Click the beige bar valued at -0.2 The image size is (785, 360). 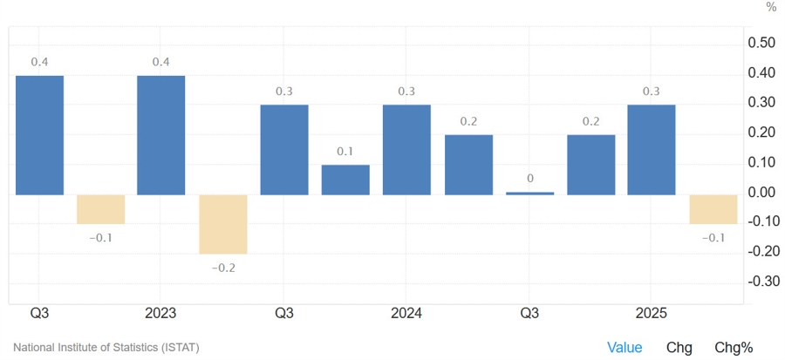click(x=223, y=223)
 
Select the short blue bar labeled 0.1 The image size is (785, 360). click(x=345, y=180)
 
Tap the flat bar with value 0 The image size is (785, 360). click(x=529, y=193)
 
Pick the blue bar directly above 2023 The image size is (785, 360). click(x=161, y=134)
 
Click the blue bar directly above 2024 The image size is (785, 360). click(x=406, y=149)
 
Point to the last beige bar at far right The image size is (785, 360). click(x=713, y=209)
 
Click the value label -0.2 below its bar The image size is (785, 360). click(x=223, y=268)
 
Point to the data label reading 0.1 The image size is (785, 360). click(x=345, y=152)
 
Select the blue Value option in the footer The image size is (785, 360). click(x=625, y=348)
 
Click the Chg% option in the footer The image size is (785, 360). click(x=734, y=348)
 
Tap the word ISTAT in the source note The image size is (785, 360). click(x=180, y=348)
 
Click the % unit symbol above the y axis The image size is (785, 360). click(x=771, y=8)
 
